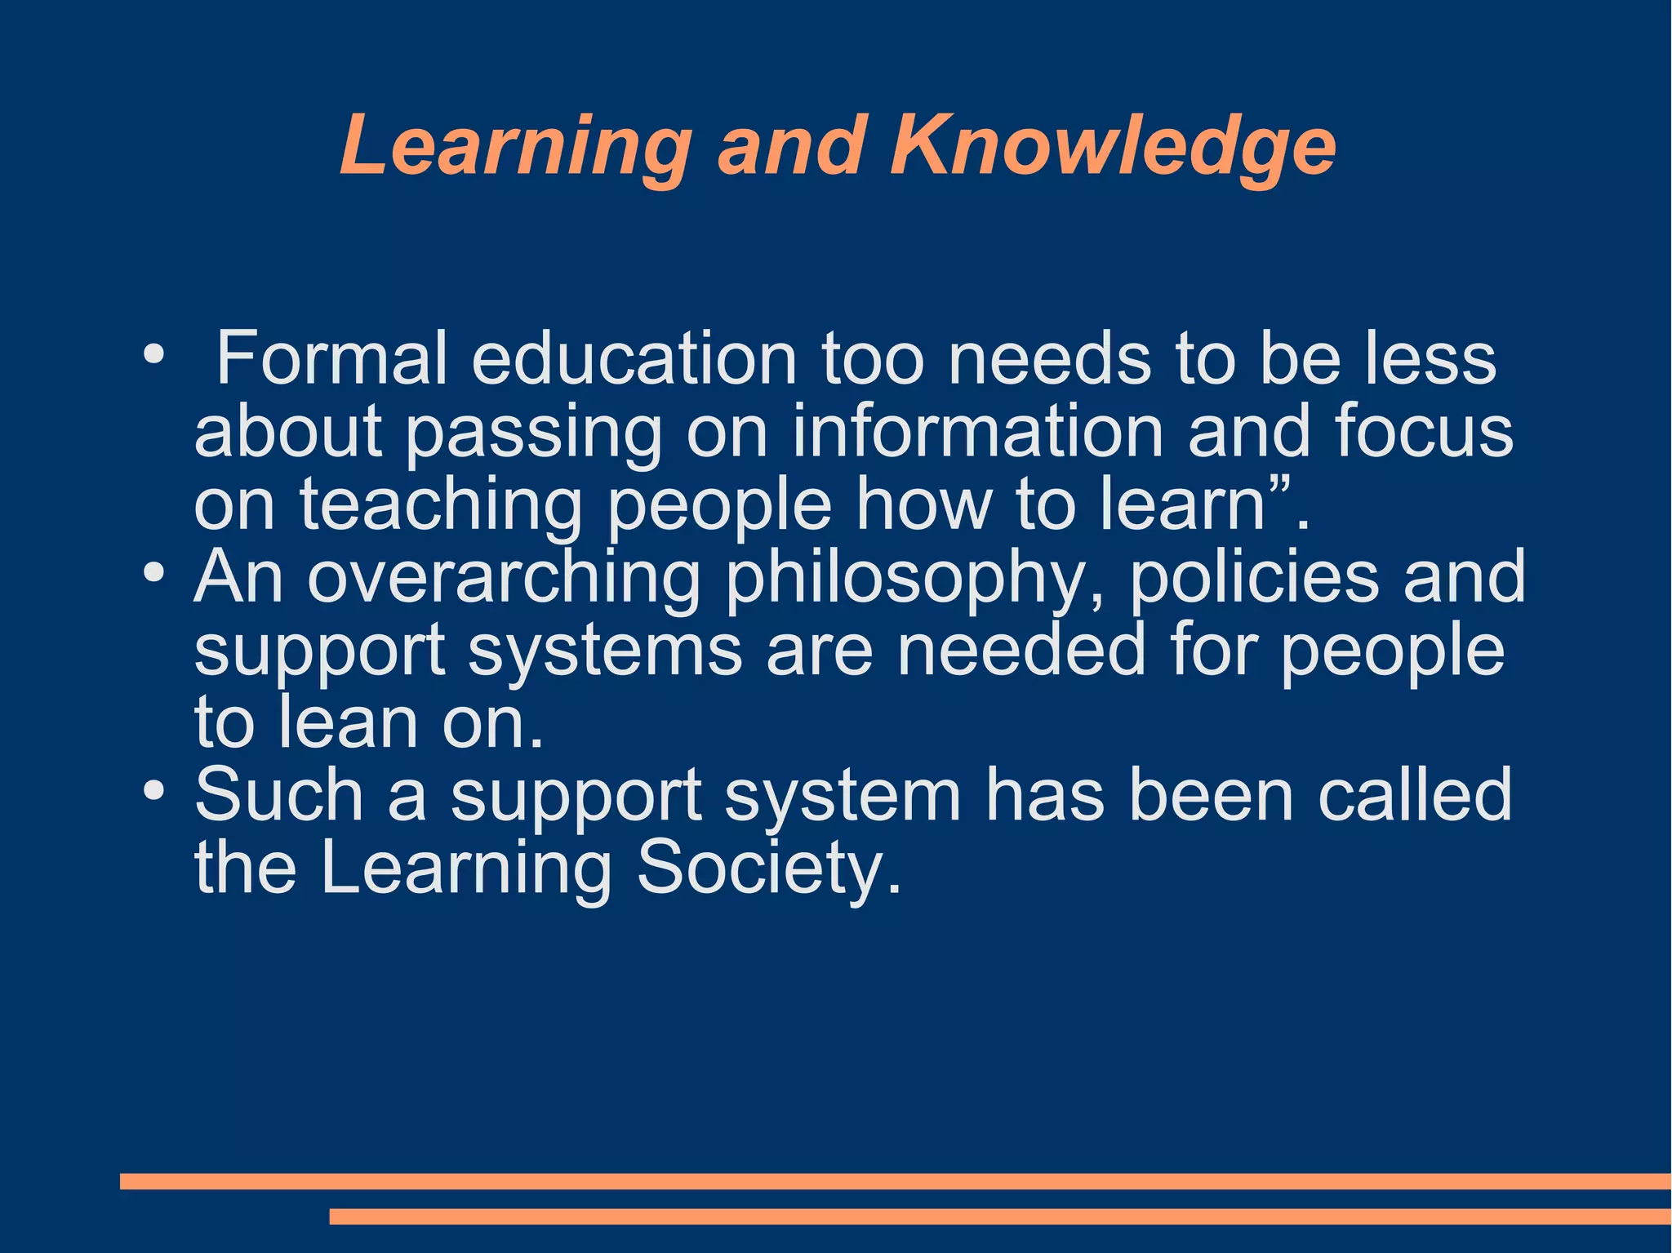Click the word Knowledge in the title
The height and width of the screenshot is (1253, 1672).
tap(1113, 145)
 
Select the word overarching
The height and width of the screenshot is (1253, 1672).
tap(504, 578)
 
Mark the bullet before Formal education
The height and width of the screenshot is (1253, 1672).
tap(153, 355)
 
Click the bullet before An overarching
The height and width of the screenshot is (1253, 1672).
tap(153, 572)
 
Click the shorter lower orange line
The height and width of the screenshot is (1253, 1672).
tap(1000, 1217)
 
